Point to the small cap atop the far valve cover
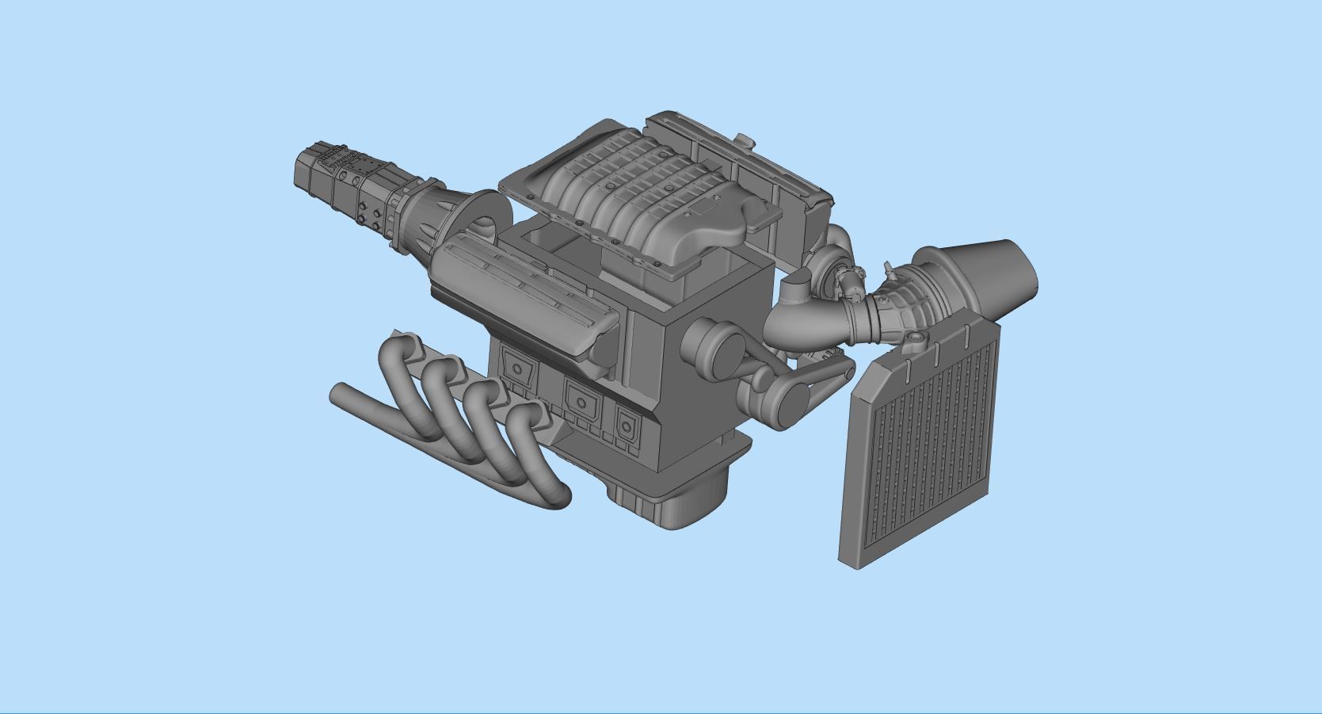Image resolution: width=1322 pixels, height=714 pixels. (744, 139)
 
